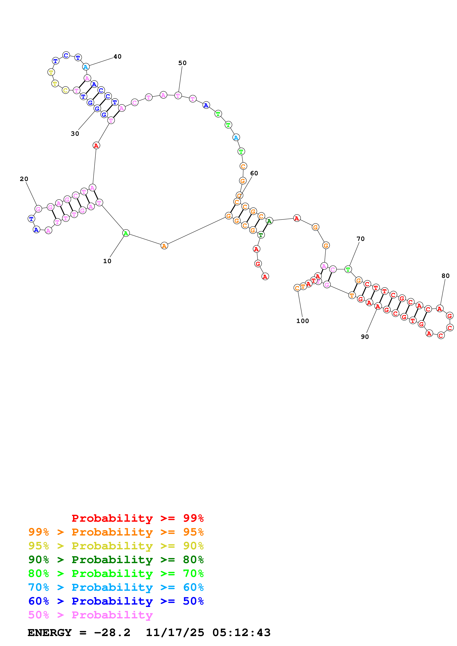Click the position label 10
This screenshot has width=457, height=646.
coord(107,261)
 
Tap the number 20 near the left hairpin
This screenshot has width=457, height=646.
coord(24,179)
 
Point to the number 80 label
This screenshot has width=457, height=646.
coord(445,276)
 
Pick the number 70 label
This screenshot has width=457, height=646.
coord(360,239)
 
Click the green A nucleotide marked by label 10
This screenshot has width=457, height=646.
coord(126,233)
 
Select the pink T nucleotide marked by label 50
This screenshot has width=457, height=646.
coord(178,96)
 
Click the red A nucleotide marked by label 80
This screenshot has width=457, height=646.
coord(439,309)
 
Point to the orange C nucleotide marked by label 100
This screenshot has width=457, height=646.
coord(297,288)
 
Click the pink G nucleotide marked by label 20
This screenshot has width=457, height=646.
coord(38,209)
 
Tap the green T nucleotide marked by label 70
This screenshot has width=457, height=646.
coord(348,269)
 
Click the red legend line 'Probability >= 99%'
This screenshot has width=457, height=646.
coord(137,518)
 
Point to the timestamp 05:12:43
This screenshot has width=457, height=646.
coord(241,633)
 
